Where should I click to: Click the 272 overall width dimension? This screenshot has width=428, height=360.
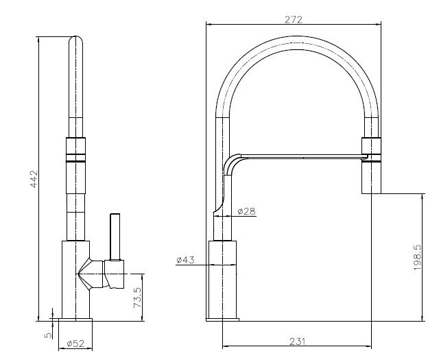point(294,20)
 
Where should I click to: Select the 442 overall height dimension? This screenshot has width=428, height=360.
point(34,179)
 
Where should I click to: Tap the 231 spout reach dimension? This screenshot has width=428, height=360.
point(297,341)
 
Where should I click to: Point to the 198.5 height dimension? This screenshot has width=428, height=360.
point(418,257)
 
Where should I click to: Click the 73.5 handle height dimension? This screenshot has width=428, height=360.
point(138,298)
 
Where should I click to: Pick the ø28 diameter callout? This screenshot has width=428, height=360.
point(246,211)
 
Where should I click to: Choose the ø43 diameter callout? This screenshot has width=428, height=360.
point(185,260)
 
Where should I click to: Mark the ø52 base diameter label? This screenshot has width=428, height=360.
point(75,344)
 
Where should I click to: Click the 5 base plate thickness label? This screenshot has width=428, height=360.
point(48,335)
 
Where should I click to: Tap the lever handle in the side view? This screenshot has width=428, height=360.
point(115,237)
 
